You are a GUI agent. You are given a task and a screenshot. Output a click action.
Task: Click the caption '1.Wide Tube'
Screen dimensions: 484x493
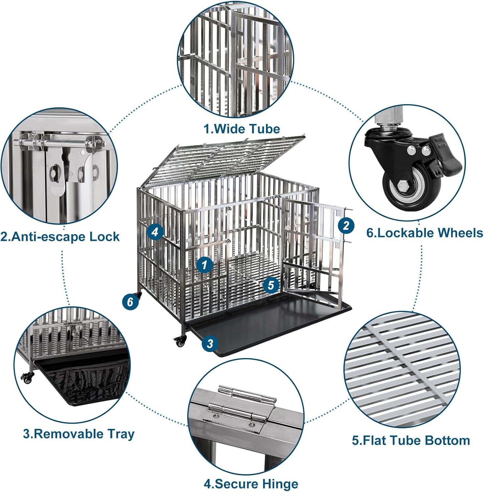tap(242, 129)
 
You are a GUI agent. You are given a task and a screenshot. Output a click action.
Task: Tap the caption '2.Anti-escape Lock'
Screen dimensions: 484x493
tap(60, 237)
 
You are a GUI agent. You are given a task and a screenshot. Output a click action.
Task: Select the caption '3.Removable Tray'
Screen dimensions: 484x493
tap(79, 434)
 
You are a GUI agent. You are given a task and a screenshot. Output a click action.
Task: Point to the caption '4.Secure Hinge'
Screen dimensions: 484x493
tap(251, 484)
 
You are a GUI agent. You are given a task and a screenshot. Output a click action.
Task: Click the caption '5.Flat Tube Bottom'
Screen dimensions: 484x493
tap(411, 440)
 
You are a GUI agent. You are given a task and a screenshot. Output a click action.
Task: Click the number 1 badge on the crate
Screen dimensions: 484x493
tap(204, 264)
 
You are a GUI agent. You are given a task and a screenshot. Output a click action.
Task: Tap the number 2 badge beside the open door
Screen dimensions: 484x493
tap(346, 226)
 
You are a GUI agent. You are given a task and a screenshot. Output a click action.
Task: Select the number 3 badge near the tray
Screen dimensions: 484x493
tap(210, 343)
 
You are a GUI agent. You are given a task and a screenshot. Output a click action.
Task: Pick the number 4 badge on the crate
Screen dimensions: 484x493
tap(155, 232)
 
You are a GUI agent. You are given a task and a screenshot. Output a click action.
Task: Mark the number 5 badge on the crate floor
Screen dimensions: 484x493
tap(271, 285)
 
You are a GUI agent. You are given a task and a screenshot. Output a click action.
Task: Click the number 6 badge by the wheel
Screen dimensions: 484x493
tap(130, 301)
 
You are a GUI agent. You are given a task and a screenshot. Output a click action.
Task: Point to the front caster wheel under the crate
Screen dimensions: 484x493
tap(180, 342)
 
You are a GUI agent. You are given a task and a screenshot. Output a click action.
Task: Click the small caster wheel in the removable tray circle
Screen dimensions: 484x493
tap(27, 378)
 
